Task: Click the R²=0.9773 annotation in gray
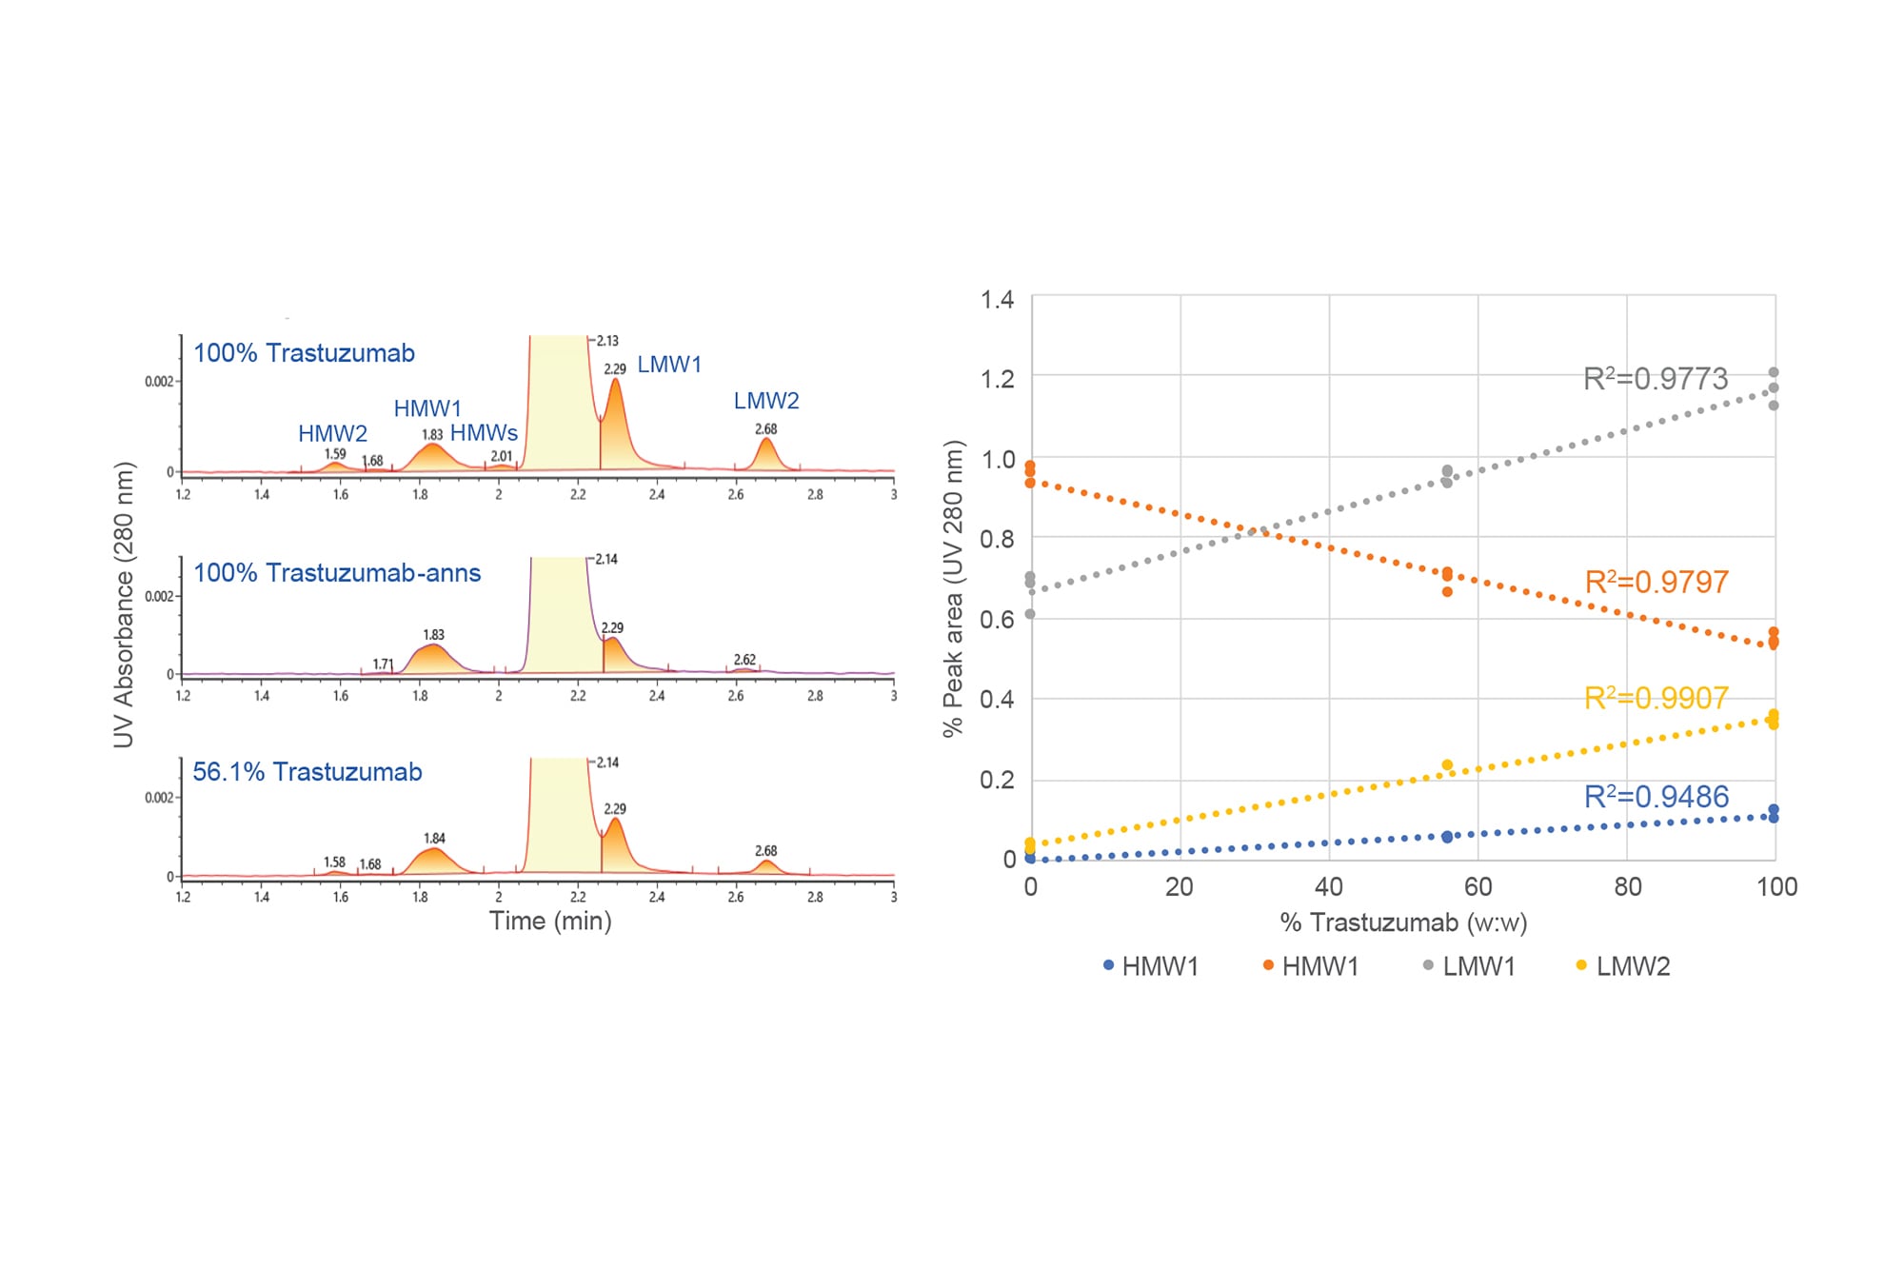1655,379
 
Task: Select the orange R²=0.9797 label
1656,582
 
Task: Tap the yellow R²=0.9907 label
1656,698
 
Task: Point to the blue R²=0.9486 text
1656,797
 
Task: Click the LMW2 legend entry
1632,966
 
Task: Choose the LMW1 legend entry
1478,966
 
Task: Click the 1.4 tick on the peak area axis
997,300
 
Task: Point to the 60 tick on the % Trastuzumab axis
1478,887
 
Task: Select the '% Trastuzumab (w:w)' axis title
1403,922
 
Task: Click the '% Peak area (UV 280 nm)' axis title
953,588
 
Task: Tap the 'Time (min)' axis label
550,921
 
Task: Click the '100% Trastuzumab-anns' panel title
337,573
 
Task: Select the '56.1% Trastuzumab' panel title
307,772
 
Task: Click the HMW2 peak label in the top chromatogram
332,434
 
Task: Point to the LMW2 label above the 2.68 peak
765,401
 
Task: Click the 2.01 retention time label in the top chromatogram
501,456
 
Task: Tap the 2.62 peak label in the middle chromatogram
744,660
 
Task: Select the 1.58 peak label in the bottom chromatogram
334,862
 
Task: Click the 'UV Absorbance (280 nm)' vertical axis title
124,605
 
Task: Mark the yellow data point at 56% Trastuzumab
1447,765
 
